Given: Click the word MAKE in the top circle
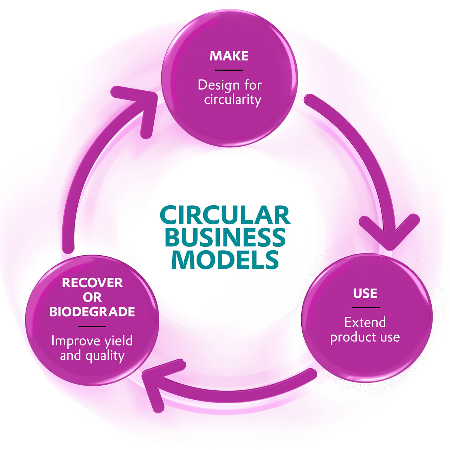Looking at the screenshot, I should tap(229, 56).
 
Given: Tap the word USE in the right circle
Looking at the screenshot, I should tap(365, 293).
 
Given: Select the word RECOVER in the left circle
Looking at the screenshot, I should tap(92, 283).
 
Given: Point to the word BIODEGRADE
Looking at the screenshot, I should tap(92, 312).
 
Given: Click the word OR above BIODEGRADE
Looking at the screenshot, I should tap(92, 297).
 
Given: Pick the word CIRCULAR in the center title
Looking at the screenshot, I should tap(225, 215).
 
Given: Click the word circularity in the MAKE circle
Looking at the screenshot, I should tap(233, 100).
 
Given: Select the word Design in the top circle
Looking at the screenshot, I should tap(214, 85).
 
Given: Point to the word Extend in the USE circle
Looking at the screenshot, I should tap(365, 322).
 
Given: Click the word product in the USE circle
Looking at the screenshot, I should tap(349, 337).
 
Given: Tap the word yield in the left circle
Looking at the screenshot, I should tap(119, 341).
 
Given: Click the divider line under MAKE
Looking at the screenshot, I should tap(229, 70).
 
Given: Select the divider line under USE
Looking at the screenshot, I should tap(366, 308).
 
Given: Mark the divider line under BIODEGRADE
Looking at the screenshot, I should tap(92, 326).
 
